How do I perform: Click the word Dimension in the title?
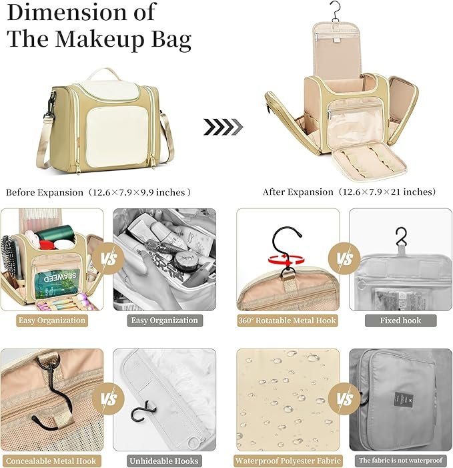(x=67, y=13)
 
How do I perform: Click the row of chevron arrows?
(x=223, y=127)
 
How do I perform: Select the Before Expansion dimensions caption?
(x=99, y=192)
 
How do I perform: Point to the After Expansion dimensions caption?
(x=349, y=192)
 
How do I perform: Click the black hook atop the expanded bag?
(x=336, y=11)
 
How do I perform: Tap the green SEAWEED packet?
(x=57, y=283)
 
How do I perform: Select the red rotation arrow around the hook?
(x=286, y=260)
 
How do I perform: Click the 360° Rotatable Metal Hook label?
(x=287, y=320)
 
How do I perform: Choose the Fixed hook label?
(x=400, y=320)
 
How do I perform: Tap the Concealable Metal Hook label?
(x=51, y=461)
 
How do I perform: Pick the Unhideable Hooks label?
(x=164, y=461)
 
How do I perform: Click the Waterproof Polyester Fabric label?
(x=288, y=461)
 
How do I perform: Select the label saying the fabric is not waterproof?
(x=401, y=460)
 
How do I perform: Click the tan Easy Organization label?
(x=52, y=320)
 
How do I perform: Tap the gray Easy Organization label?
(x=165, y=320)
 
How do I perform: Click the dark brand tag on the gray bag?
(x=400, y=399)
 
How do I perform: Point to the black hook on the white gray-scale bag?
(x=143, y=412)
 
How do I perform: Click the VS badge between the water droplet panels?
(x=344, y=399)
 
